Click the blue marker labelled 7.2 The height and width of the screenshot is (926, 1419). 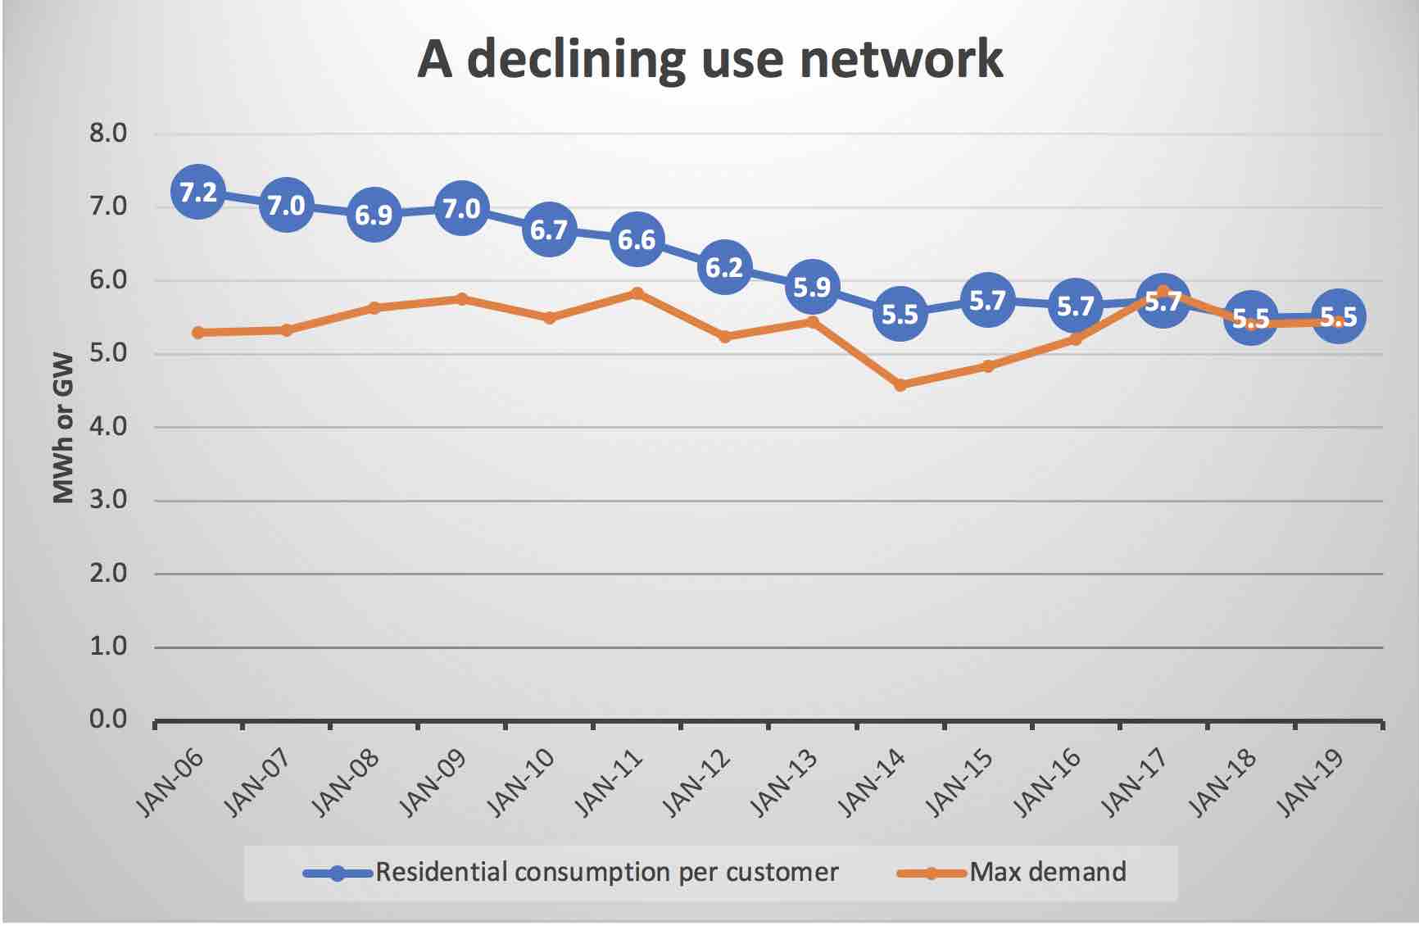pyautogui.click(x=198, y=192)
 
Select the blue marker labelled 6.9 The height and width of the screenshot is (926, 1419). pyautogui.click(x=374, y=215)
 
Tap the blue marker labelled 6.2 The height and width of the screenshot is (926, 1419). pyautogui.click(x=724, y=267)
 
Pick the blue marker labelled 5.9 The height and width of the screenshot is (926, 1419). pyautogui.click(x=812, y=287)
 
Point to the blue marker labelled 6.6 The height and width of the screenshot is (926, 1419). pyautogui.click(x=637, y=239)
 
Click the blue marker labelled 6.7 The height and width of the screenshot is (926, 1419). pyautogui.click(x=549, y=229)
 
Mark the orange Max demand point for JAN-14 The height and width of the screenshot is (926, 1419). pyautogui.click(x=900, y=384)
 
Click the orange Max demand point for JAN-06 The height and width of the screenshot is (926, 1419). pyautogui.click(x=198, y=332)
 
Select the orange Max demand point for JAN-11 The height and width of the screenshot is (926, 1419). pyautogui.click(x=637, y=293)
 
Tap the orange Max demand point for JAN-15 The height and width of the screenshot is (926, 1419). pyautogui.click(x=988, y=365)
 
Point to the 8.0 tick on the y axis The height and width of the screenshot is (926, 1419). pyautogui.click(x=108, y=134)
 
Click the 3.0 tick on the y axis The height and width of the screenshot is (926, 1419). pyautogui.click(x=108, y=500)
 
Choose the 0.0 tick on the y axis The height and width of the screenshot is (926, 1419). pyautogui.click(x=108, y=719)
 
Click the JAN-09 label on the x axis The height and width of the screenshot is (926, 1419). pyautogui.click(x=434, y=783)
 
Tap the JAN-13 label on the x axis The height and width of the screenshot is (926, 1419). pyautogui.click(x=785, y=783)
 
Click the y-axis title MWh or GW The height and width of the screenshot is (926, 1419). pyautogui.click(x=64, y=427)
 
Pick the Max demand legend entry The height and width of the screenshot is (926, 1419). pyautogui.click(x=1047, y=872)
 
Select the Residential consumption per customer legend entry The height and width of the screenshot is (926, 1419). pyautogui.click(x=606, y=872)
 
